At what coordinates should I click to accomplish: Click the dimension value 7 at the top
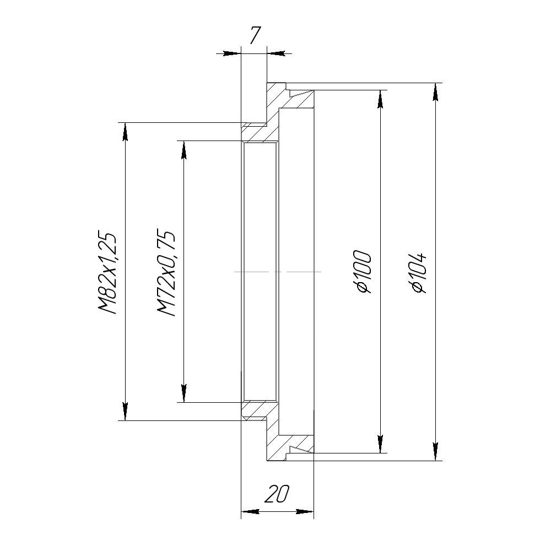[256, 35]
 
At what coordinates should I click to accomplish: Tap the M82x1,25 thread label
[107, 272]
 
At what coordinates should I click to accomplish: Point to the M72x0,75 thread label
[166, 273]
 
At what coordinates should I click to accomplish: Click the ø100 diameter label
[362, 271]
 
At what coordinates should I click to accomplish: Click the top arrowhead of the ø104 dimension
[436, 93]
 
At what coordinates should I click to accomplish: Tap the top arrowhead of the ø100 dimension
[380, 99]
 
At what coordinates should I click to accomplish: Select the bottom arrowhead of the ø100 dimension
[380, 444]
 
